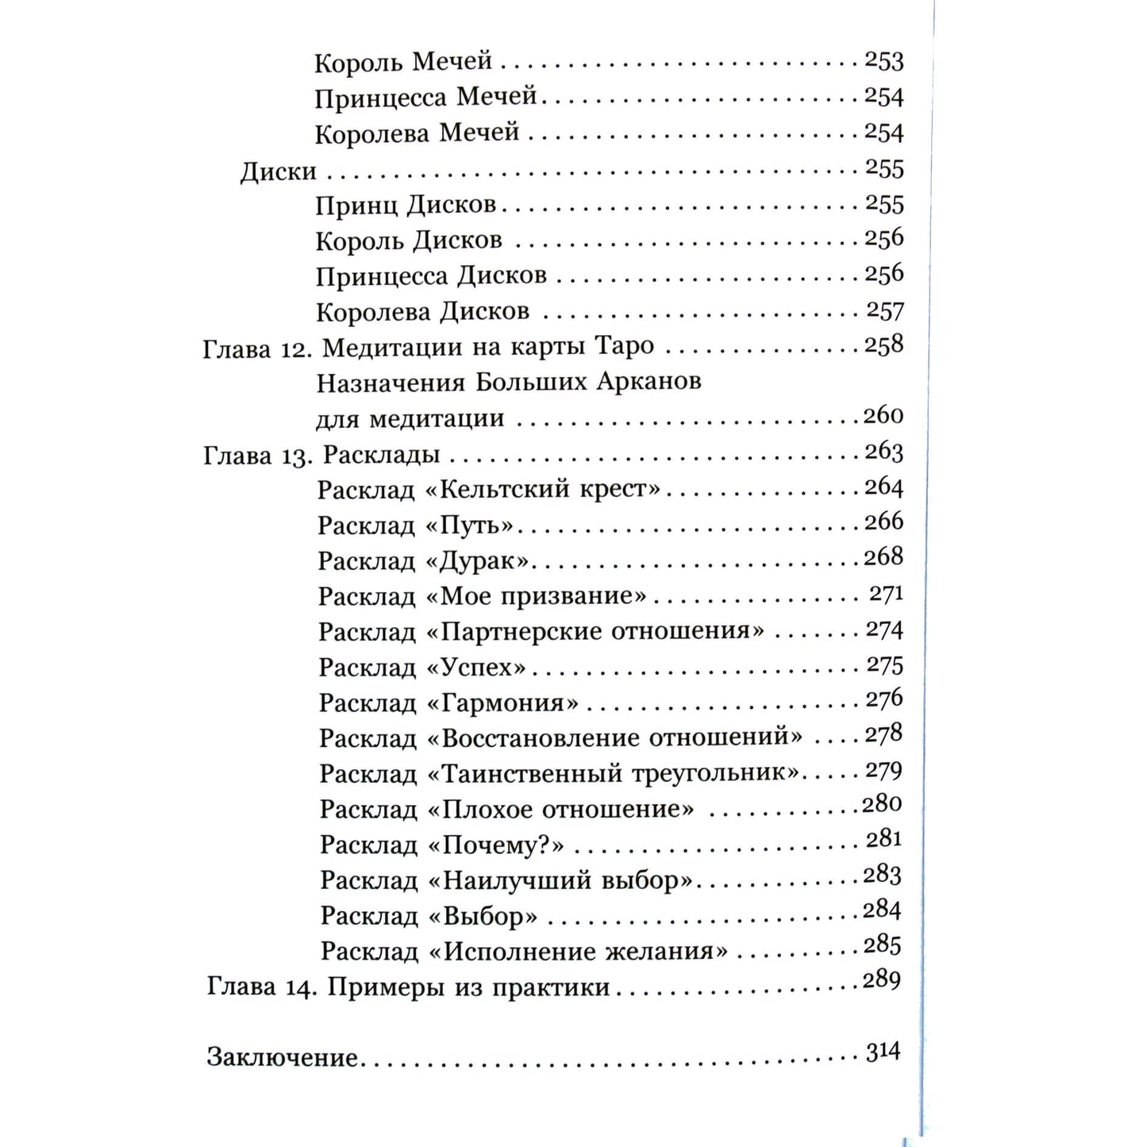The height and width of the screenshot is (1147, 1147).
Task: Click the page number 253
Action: pos(883,61)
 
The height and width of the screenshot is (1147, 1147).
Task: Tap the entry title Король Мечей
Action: pos(403,62)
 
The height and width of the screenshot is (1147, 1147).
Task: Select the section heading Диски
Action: pos(279,171)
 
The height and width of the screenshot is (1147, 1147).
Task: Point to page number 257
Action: pos(884,310)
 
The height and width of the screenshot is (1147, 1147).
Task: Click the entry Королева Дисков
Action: pos(422,311)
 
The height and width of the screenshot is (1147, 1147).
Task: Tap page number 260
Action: pos(883,415)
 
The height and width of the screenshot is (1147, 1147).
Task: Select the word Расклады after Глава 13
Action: pos(382,455)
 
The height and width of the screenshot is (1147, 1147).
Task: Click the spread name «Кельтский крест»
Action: pos(543,488)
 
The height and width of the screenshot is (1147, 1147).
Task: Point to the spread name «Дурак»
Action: pos(478,560)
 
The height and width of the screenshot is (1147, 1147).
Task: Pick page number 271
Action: pos(886,594)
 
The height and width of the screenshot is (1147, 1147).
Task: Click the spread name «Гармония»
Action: pos(502,702)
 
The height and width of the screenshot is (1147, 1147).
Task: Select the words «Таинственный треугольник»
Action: pos(614,773)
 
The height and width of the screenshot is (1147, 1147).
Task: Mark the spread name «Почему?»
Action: pos(496,845)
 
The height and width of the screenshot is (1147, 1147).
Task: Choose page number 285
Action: pos(883,945)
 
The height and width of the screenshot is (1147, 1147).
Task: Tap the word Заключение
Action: pos(283,1057)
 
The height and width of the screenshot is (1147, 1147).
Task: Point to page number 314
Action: pos(883,1053)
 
